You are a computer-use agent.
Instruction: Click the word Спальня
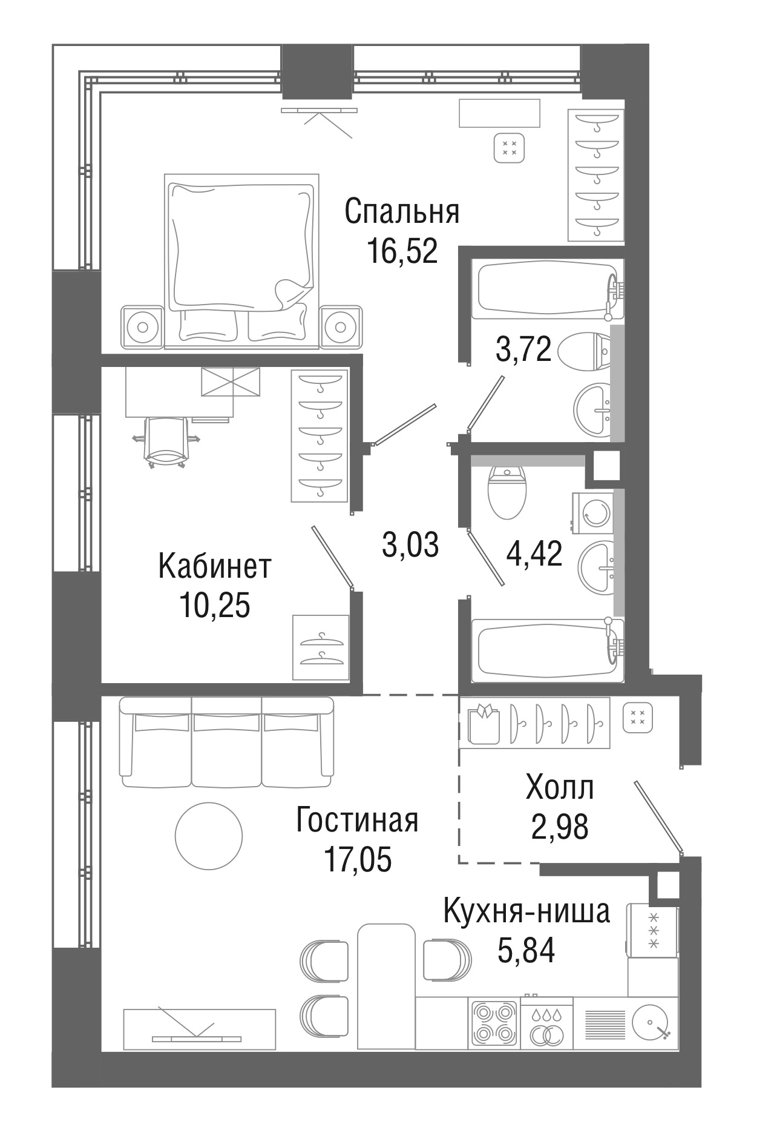(402, 212)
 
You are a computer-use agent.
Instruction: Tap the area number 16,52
(402, 251)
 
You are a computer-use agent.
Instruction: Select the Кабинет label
(215, 566)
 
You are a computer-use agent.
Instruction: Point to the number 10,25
(215, 605)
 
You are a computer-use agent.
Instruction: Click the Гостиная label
(357, 821)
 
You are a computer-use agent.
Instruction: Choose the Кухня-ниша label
(526, 911)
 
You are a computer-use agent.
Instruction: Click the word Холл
(560, 788)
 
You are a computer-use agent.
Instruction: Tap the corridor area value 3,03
(410, 544)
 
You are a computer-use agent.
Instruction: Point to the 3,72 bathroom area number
(523, 349)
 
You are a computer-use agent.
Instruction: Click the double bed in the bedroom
(241, 262)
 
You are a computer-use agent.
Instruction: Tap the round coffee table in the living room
(209, 836)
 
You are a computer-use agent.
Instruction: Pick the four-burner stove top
(494, 1022)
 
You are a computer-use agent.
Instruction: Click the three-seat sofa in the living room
(227, 742)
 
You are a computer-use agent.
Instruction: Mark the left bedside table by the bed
(142, 327)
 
